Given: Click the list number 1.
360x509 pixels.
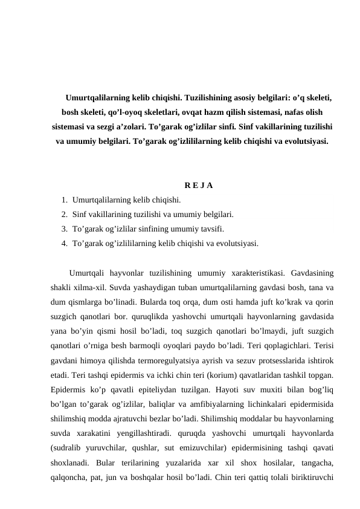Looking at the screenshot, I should point(63,199).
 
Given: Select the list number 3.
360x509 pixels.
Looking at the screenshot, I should point(63,229).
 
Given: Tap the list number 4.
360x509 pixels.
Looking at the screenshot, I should point(63,244).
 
